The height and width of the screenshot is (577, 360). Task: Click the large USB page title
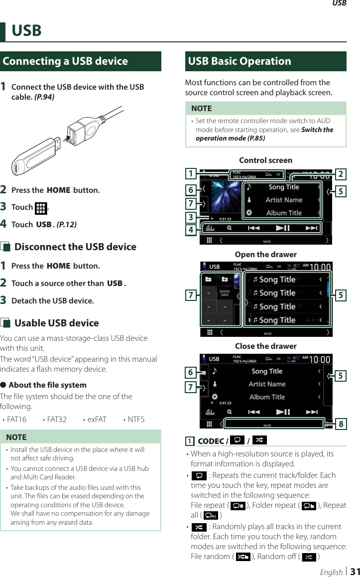coord(27,31)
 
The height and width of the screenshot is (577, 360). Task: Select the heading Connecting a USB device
coord(65,61)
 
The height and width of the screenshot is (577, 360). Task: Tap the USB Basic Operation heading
coord(240,61)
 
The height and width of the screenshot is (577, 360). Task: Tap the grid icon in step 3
coord(41,208)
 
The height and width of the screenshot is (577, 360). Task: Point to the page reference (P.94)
coord(44,97)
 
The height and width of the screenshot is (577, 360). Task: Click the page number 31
coord(355,571)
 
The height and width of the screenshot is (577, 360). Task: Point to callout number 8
coord(341,424)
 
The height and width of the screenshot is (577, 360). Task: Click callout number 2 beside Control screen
coord(341,174)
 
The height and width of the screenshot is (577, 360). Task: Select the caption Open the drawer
coord(266,255)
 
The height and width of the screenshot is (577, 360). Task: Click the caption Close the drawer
coord(266,346)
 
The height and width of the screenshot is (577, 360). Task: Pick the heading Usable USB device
coord(56,323)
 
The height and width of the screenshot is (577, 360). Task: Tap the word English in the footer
coord(331,572)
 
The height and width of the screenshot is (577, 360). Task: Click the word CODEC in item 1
coord(211,441)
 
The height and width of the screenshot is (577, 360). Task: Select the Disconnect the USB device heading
coord(75,247)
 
